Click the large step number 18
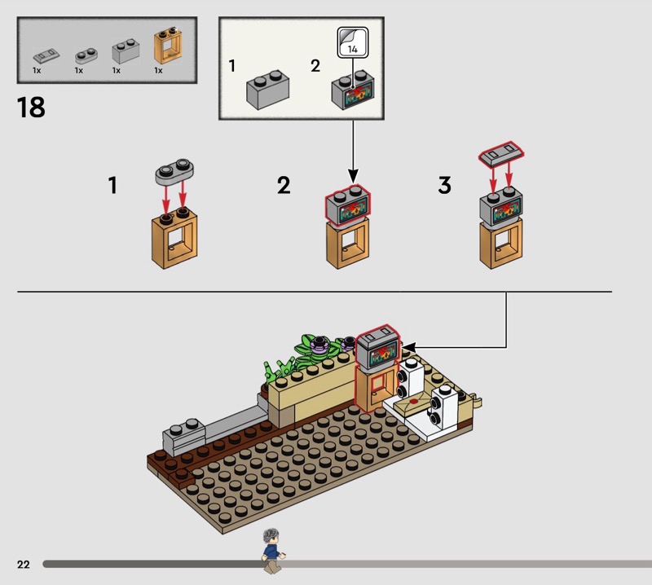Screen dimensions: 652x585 click(x=31, y=108)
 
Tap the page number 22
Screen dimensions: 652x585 click(x=24, y=564)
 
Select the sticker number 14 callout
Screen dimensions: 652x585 click(x=353, y=42)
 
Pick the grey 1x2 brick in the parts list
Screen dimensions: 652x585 click(x=126, y=51)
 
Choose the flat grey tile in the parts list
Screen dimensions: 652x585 click(x=46, y=55)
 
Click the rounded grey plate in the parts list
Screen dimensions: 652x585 click(x=86, y=55)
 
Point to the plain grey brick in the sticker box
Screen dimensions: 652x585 click(x=267, y=90)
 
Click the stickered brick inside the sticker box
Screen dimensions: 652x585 click(x=353, y=90)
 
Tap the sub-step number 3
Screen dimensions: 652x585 click(x=444, y=185)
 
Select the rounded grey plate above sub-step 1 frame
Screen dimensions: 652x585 click(x=174, y=171)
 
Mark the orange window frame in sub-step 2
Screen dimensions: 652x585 click(x=348, y=244)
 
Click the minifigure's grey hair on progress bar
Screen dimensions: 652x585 click(x=272, y=535)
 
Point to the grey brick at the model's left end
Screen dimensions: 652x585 click(x=183, y=437)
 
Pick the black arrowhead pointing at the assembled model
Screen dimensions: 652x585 click(x=409, y=347)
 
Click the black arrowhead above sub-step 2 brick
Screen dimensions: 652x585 click(x=353, y=176)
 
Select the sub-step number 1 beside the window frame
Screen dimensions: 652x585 click(x=112, y=185)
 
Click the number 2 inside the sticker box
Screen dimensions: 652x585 click(x=315, y=66)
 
